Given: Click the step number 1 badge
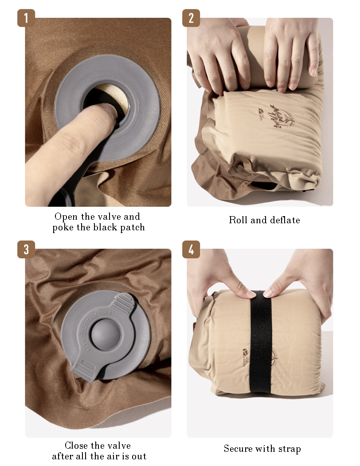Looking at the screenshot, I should point(26,18).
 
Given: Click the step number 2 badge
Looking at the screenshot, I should point(191,18).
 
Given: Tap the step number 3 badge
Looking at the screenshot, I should point(26,249).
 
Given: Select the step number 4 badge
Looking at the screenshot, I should point(191,249).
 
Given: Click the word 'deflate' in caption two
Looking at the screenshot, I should point(284,220).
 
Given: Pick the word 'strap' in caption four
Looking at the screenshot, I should point(289,449).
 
